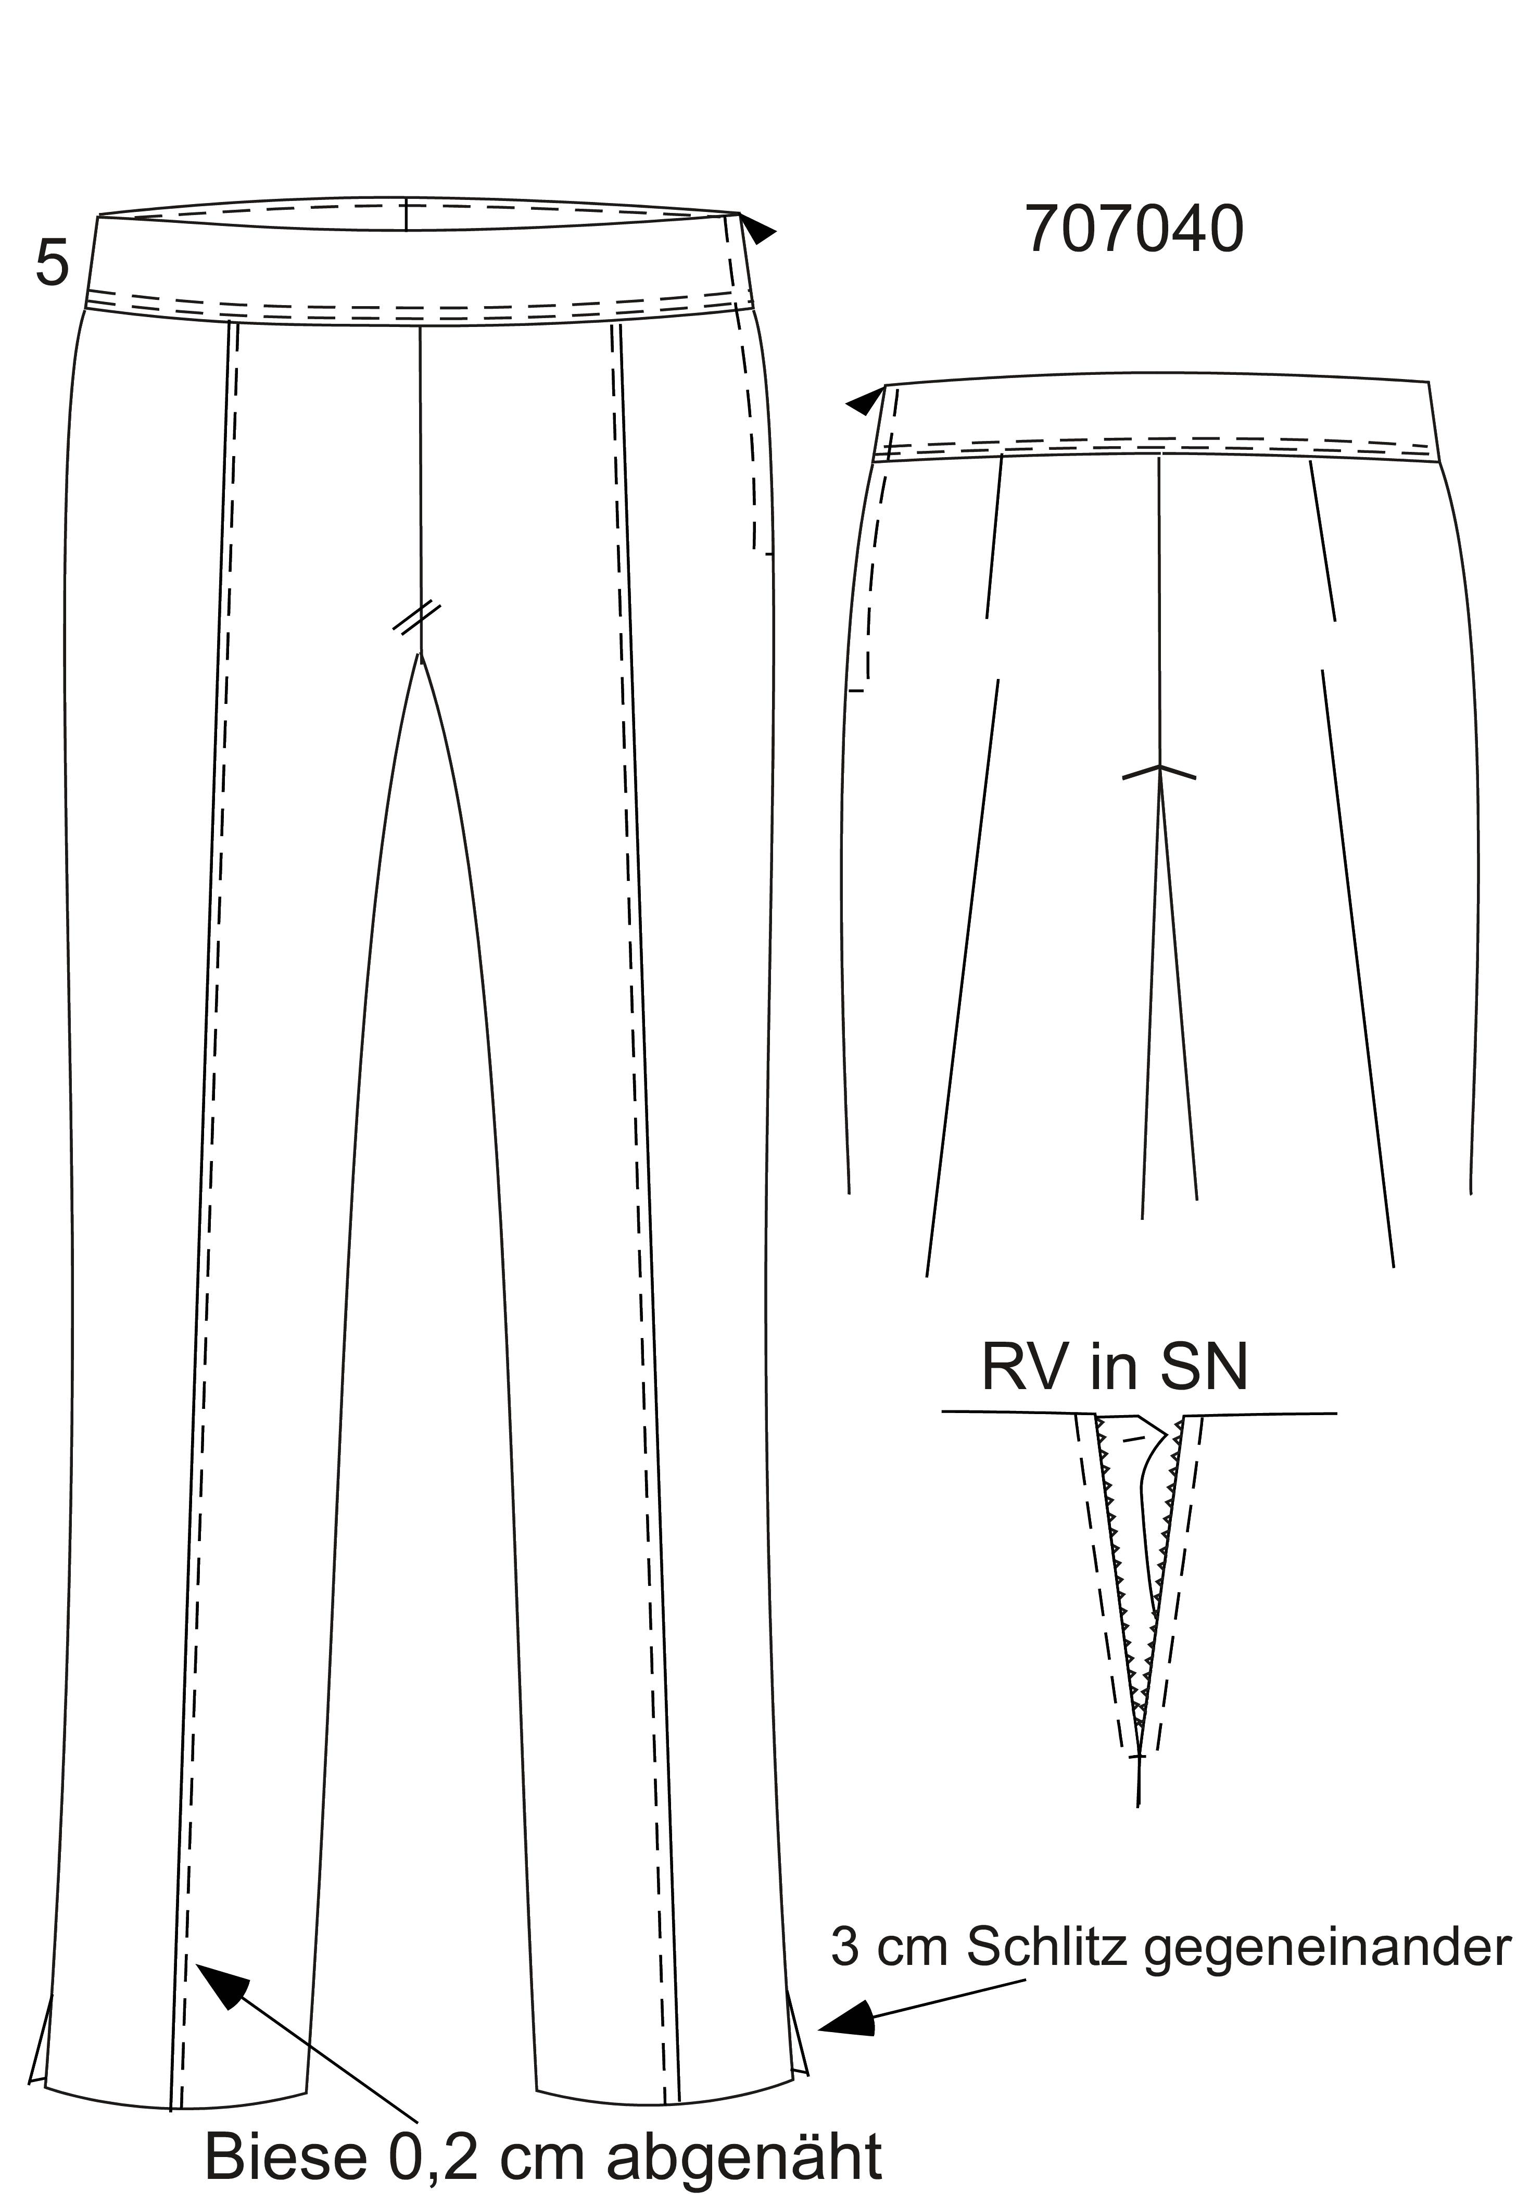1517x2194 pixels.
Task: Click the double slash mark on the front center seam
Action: click(x=418, y=616)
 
